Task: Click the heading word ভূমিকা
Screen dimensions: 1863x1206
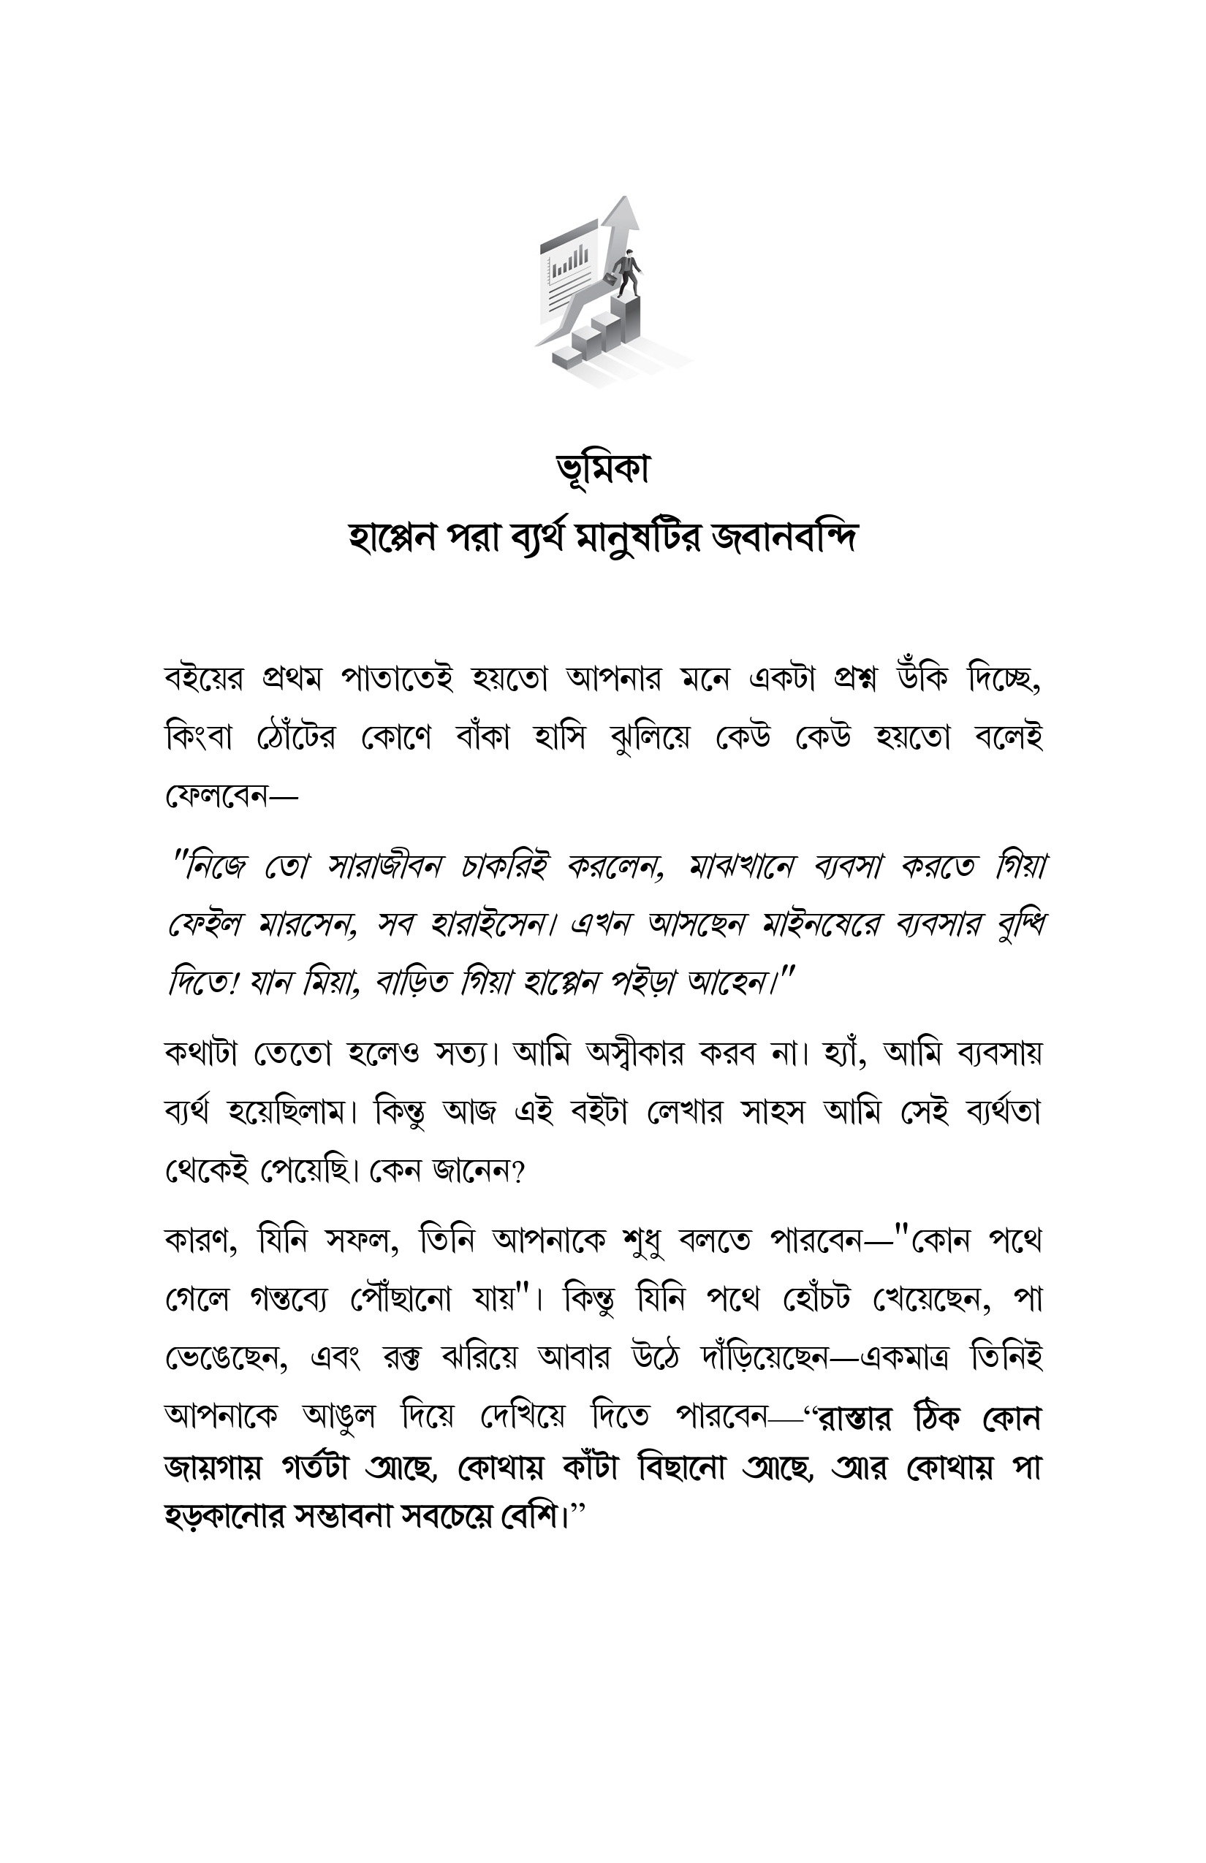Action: click(x=602, y=470)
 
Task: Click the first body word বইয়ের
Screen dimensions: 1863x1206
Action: click(x=205, y=679)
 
